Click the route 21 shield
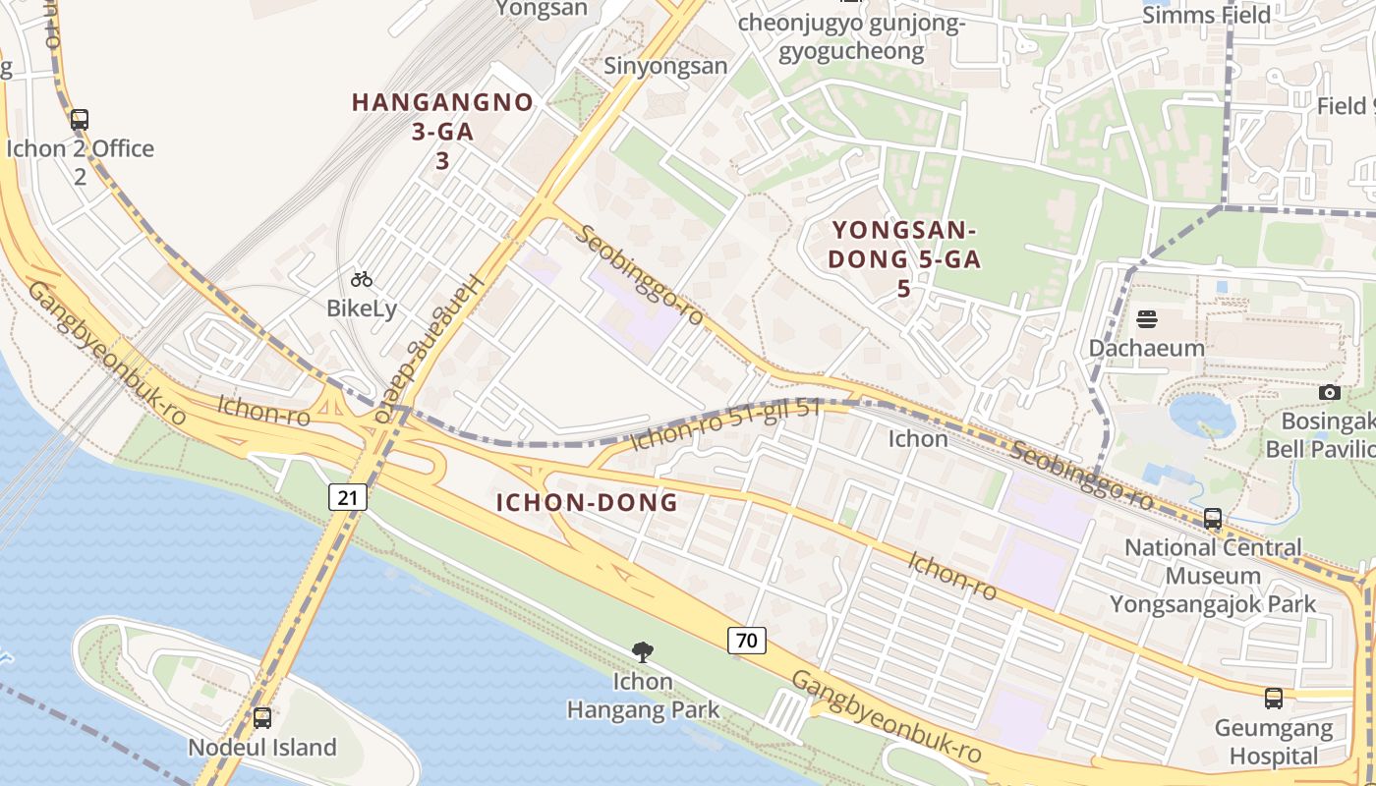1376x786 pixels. point(347,497)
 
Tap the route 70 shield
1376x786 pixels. point(747,641)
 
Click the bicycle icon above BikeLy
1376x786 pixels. point(362,279)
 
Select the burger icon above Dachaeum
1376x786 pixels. point(1146,318)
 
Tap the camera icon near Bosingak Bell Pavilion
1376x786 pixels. point(1329,392)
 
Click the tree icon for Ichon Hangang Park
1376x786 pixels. point(643,651)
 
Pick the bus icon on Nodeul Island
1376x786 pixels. point(261,717)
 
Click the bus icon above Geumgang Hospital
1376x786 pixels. point(1274,699)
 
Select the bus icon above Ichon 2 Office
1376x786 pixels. point(80,120)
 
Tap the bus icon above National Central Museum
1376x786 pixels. point(1213,519)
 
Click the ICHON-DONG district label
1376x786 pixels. point(587,503)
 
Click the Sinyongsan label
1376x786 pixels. point(665,66)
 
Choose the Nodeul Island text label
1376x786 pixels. point(261,748)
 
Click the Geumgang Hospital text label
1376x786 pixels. point(1274,743)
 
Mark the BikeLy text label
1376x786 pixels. point(362,309)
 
